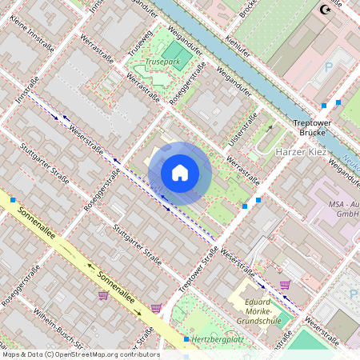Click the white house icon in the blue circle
click(x=180, y=173)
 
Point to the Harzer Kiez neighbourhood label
click(x=302, y=151)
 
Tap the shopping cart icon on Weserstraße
click(x=285, y=284)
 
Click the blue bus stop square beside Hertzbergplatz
click(x=186, y=340)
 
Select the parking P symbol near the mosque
click(x=328, y=66)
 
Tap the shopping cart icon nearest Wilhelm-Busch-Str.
click(x=103, y=294)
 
